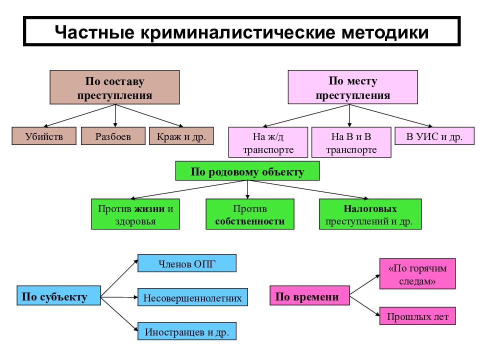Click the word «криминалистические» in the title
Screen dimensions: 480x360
coord(238,32)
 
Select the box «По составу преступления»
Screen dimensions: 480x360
coord(115,87)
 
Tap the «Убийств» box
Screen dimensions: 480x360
coord(44,136)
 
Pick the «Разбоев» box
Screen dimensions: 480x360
coord(113,136)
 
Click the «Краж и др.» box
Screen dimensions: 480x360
coord(181,136)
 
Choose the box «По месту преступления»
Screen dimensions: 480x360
coord(353,87)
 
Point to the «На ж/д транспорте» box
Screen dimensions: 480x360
coord(268,142)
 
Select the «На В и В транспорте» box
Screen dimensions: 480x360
coord(351,142)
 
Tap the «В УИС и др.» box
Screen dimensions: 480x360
coord(434,136)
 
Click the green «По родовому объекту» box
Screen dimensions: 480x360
coord(247,171)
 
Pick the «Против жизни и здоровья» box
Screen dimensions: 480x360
coord(135,214)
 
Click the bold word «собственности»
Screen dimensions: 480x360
coord(250,221)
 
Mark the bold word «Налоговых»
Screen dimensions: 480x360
coord(370,208)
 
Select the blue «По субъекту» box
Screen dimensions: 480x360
coord(59,295)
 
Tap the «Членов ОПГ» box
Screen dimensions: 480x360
coord(187,263)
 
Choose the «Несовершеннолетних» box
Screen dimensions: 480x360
coord(192,297)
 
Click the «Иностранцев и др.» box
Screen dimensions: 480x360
coord(187,331)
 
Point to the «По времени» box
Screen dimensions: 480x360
coord(310,295)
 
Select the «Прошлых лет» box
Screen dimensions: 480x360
coord(417,316)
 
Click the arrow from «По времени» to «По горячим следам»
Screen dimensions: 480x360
coord(364,284)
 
